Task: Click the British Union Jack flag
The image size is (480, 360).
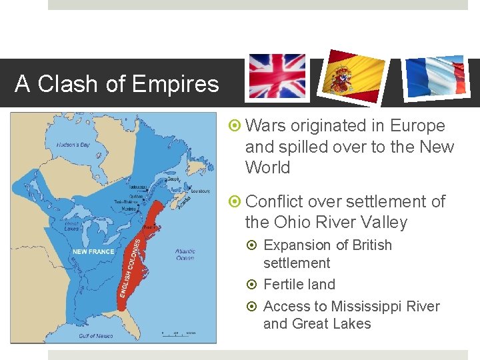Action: click(277, 77)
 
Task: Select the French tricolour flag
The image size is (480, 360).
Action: click(435, 78)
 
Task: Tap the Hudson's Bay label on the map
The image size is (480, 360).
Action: click(73, 145)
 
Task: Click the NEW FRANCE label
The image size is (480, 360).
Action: click(93, 251)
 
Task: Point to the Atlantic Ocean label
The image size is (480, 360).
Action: click(185, 255)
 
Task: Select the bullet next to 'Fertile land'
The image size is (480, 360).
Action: click(253, 285)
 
